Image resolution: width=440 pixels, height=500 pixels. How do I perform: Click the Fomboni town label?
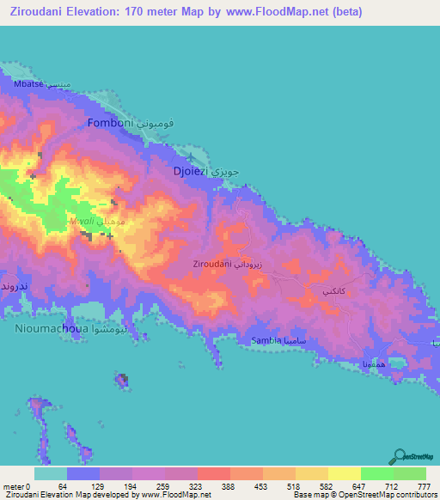108,124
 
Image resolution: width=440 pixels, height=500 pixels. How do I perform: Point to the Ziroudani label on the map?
211,264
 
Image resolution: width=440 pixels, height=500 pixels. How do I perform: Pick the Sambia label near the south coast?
266,341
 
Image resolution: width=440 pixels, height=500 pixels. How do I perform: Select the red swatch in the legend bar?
213,473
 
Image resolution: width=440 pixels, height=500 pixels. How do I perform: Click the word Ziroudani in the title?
43,12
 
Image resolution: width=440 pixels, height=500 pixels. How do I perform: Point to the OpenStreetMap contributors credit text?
392,495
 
